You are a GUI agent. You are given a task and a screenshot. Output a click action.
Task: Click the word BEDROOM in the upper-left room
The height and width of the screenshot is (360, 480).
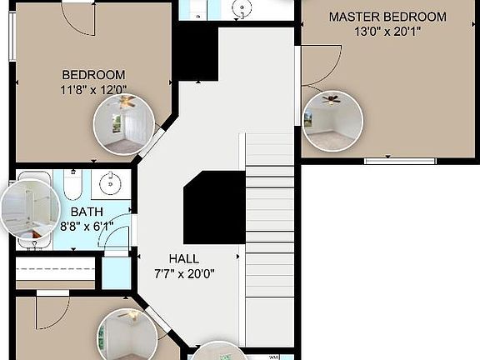92,74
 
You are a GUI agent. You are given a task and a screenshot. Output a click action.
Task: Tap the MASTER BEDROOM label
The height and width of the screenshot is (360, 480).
387,17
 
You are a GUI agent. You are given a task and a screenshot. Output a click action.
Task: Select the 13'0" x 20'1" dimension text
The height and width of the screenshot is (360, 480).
387,32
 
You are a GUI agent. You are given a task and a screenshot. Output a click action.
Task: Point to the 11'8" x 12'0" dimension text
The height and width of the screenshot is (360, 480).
92,89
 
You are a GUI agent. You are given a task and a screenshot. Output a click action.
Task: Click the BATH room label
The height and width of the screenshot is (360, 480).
87,212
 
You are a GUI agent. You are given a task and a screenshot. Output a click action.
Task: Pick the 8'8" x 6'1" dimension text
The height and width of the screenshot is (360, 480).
87,226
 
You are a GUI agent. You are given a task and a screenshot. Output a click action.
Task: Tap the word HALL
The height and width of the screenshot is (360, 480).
184,258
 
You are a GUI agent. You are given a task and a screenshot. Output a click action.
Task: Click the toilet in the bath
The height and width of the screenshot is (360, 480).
72,185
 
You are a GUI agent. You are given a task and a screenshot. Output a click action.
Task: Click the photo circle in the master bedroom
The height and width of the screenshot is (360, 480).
332,121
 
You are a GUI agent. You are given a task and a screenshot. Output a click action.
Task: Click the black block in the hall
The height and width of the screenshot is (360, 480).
213,207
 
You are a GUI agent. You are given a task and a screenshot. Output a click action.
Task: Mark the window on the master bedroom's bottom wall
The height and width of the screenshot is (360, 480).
388,160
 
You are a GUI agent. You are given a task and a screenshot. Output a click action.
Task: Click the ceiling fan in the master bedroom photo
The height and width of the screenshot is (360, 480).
332,100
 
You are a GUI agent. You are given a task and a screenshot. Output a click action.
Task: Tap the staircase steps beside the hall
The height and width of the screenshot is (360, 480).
270,217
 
